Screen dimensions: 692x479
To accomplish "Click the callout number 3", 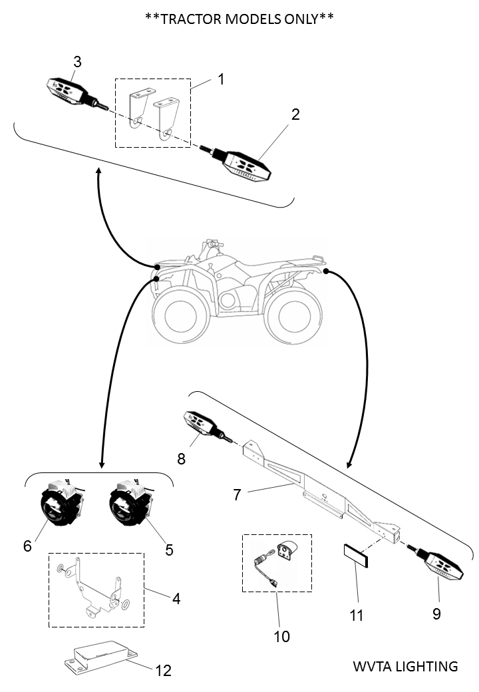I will click(77, 62).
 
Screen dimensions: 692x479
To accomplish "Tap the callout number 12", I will click(163, 670).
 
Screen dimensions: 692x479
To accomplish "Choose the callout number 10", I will click(281, 637).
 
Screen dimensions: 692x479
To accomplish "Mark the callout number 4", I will click(176, 598).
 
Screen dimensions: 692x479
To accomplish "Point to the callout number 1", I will click(221, 79).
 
